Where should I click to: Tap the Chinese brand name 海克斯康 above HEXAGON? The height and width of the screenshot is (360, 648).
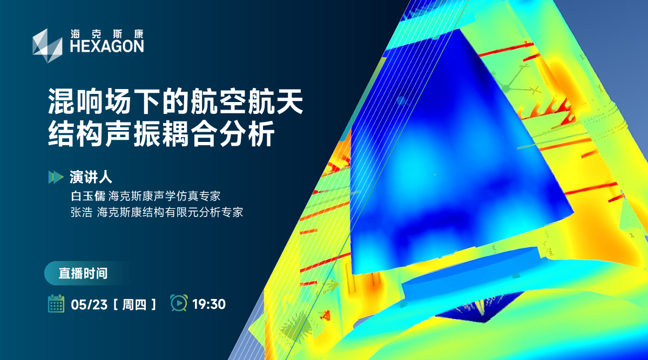107,33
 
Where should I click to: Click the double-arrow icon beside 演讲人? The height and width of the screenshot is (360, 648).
55,176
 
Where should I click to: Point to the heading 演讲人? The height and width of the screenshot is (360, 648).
86,176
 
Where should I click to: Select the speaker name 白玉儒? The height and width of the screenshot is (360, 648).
87,195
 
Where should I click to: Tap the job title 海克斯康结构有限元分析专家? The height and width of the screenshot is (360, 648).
170,212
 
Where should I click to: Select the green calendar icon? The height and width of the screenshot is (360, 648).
56,304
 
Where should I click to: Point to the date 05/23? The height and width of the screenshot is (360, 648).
89,304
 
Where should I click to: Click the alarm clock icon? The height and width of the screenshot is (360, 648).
179,303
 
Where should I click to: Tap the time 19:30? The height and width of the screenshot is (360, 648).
209,304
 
